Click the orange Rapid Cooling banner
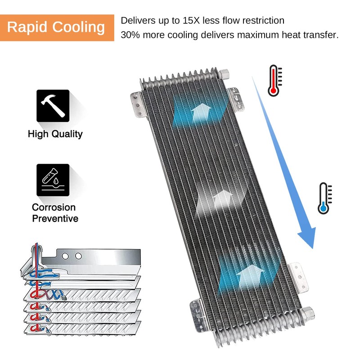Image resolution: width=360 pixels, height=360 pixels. [57, 28]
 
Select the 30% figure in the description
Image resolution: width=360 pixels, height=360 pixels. [130, 35]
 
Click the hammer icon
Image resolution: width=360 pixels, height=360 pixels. [53, 106]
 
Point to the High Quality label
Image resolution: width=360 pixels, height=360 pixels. [55, 134]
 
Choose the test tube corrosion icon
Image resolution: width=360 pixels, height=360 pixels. [53, 180]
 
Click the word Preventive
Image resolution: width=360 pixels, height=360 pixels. [55, 219]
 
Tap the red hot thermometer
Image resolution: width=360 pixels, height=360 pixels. [274, 81]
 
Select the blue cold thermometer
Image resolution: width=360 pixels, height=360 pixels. [324, 198]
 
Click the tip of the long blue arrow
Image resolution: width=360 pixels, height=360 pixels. [312, 249]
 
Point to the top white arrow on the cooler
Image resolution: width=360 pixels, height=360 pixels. [201, 112]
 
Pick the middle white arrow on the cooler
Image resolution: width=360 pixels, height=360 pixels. [222, 199]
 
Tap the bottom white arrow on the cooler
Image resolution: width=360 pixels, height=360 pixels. [250, 276]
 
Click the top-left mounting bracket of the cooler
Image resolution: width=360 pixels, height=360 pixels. [138, 104]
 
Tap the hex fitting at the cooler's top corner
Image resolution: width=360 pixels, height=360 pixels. [223, 74]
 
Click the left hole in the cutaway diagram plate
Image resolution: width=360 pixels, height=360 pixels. [65, 256]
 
